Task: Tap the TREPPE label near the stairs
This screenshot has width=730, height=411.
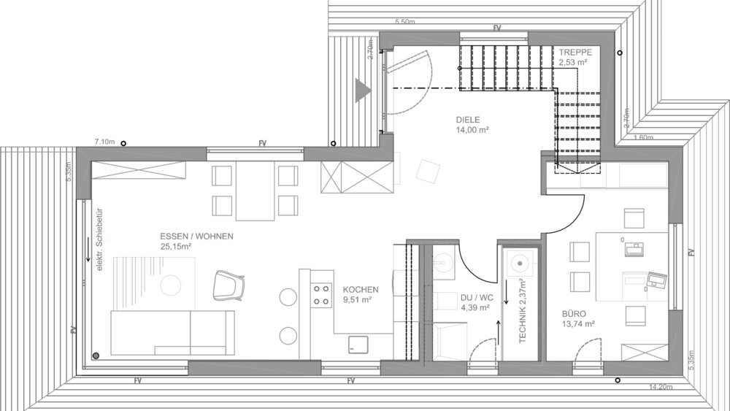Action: click(576, 53)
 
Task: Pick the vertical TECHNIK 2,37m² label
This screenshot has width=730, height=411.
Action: click(522, 310)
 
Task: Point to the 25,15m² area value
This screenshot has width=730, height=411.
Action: click(175, 247)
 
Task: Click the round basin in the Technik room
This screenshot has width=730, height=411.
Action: click(520, 261)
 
